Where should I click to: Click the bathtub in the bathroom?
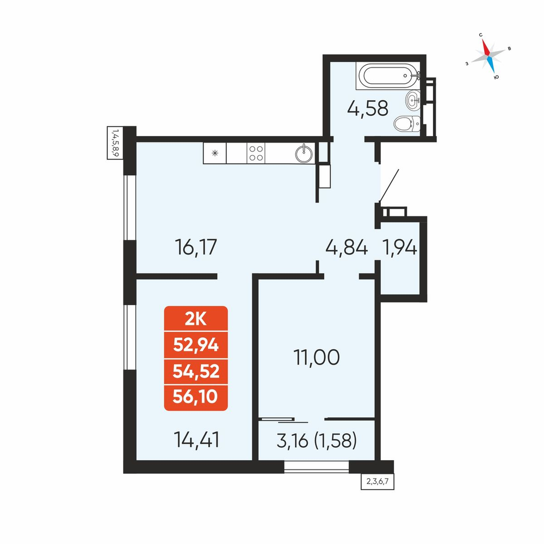pos(388,76)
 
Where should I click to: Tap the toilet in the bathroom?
pos(407,123)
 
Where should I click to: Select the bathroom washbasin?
pos(413,100)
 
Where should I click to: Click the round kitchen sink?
pos(304,153)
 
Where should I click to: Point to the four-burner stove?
pos(256,153)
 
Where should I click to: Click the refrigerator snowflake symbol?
pos(215,153)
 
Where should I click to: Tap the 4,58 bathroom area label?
pos(368,108)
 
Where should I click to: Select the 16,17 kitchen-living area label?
pos(196,247)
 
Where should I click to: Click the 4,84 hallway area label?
pos(347,248)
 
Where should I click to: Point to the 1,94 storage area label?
pos(399,248)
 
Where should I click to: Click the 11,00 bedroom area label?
pos(317,357)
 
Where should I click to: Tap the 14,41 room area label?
pos(197,440)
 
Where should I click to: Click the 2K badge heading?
pos(196,319)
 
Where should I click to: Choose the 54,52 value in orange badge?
pos(196,372)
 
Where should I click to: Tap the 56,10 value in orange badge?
pos(195,397)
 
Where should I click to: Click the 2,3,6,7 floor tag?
pos(378,482)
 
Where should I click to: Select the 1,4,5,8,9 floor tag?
pos(115,143)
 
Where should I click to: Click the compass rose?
pos(488,55)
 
